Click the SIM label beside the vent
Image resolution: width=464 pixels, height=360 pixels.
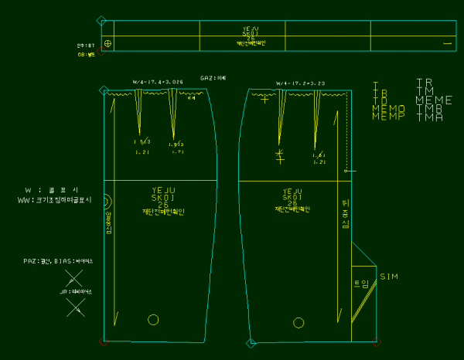coord(389,276)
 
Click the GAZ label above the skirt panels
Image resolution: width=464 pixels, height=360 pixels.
coord(213,78)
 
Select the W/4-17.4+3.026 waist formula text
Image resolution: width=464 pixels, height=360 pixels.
coord(158,82)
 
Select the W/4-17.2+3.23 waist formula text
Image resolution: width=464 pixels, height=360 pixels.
coord(300,83)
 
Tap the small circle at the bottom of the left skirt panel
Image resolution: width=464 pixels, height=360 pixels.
coord(153,319)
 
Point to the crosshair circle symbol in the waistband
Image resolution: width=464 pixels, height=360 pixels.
coord(108,43)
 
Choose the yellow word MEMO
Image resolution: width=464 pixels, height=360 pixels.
coord(387,109)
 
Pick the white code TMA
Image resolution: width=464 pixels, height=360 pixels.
coord(428,117)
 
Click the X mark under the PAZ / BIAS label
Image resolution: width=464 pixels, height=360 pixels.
coord(74,276)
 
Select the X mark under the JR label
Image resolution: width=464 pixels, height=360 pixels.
coord(76,307)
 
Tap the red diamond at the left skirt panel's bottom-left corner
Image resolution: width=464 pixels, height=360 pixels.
coord(103,341)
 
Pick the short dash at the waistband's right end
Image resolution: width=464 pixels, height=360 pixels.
coord(447,44)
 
